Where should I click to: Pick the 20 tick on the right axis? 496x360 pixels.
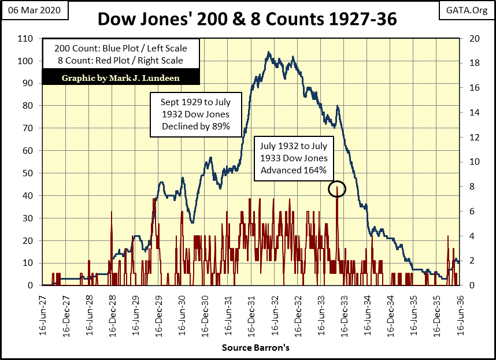(x=469, y=38)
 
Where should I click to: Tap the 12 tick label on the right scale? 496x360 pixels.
(x=469, y=137)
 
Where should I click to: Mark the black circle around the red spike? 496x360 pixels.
(x=337, y=188)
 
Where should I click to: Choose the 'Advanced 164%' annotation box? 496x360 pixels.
(x=294, y=157)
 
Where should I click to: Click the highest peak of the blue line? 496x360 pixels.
(x=269, y=53)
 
